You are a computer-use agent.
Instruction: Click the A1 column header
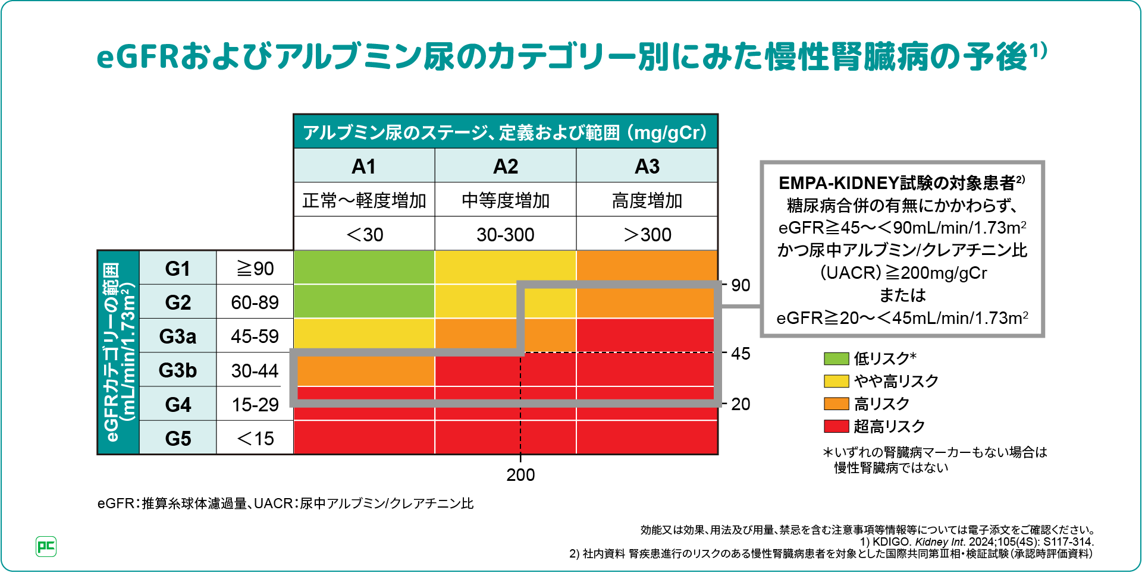point(364,166)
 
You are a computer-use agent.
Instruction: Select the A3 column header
point(647,166)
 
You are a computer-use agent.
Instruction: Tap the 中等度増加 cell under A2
point(506,200)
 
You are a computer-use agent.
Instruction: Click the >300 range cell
point(647,234)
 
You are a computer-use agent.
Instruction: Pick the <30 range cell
point(364,234)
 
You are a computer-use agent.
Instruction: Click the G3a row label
point(177,336)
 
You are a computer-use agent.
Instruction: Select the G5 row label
point(177,439)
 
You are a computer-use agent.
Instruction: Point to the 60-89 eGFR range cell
point(255,303)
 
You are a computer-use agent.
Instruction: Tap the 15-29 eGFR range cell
point(255,405)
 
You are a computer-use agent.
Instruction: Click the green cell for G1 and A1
point(364,267)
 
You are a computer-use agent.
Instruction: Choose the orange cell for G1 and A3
point(647,265)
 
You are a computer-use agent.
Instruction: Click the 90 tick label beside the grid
point(741,285)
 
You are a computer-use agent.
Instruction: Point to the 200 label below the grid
point(520,475)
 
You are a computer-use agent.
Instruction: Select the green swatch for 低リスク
point(836,358)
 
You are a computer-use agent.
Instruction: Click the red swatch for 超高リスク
point(836,426)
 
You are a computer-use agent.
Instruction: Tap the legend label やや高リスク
point(896,381)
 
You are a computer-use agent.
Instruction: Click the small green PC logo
point(46,546)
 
